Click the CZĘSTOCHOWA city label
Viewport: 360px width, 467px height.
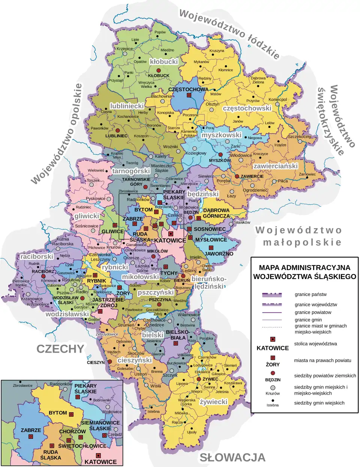click(x=188, y=89)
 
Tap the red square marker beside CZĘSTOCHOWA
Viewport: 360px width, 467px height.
click(x=189, y=95)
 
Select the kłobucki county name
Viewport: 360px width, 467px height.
click(x=163, y=61)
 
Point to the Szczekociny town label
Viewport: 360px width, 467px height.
click(x=299, y=137)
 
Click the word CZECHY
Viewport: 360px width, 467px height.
click(x=60, y=349)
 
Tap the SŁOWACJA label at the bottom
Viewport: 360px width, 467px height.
click(x=232, y=457)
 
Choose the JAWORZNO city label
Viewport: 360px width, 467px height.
click(x=219, y=254)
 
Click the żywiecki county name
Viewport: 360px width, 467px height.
click(x=214, y=402)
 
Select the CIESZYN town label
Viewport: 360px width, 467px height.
click(x=96, y=362)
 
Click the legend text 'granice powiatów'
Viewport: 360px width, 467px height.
click(x=313, y=312)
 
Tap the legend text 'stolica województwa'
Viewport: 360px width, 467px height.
click(x=315, y=344)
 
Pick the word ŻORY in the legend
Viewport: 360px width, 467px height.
click(x=273, y=364)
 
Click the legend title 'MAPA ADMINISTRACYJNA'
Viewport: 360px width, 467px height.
click(x=304, y=268)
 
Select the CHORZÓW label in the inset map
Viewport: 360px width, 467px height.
click(x=72, y=431)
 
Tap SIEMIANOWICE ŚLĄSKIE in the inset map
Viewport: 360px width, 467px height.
click(x=100, y=425)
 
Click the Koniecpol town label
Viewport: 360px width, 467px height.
click(x=277, y=99)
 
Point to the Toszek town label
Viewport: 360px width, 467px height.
click(x=93, y=180)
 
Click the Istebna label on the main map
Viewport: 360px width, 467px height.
click(x=153, y=411)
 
